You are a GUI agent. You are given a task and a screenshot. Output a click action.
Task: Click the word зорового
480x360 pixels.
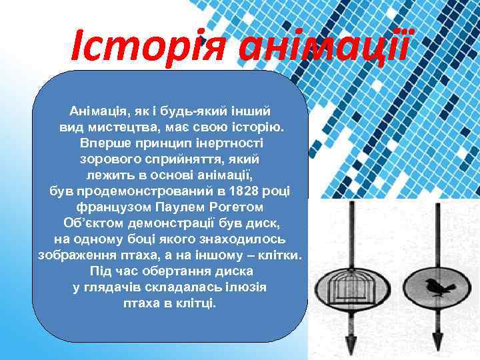pos(109,159)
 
